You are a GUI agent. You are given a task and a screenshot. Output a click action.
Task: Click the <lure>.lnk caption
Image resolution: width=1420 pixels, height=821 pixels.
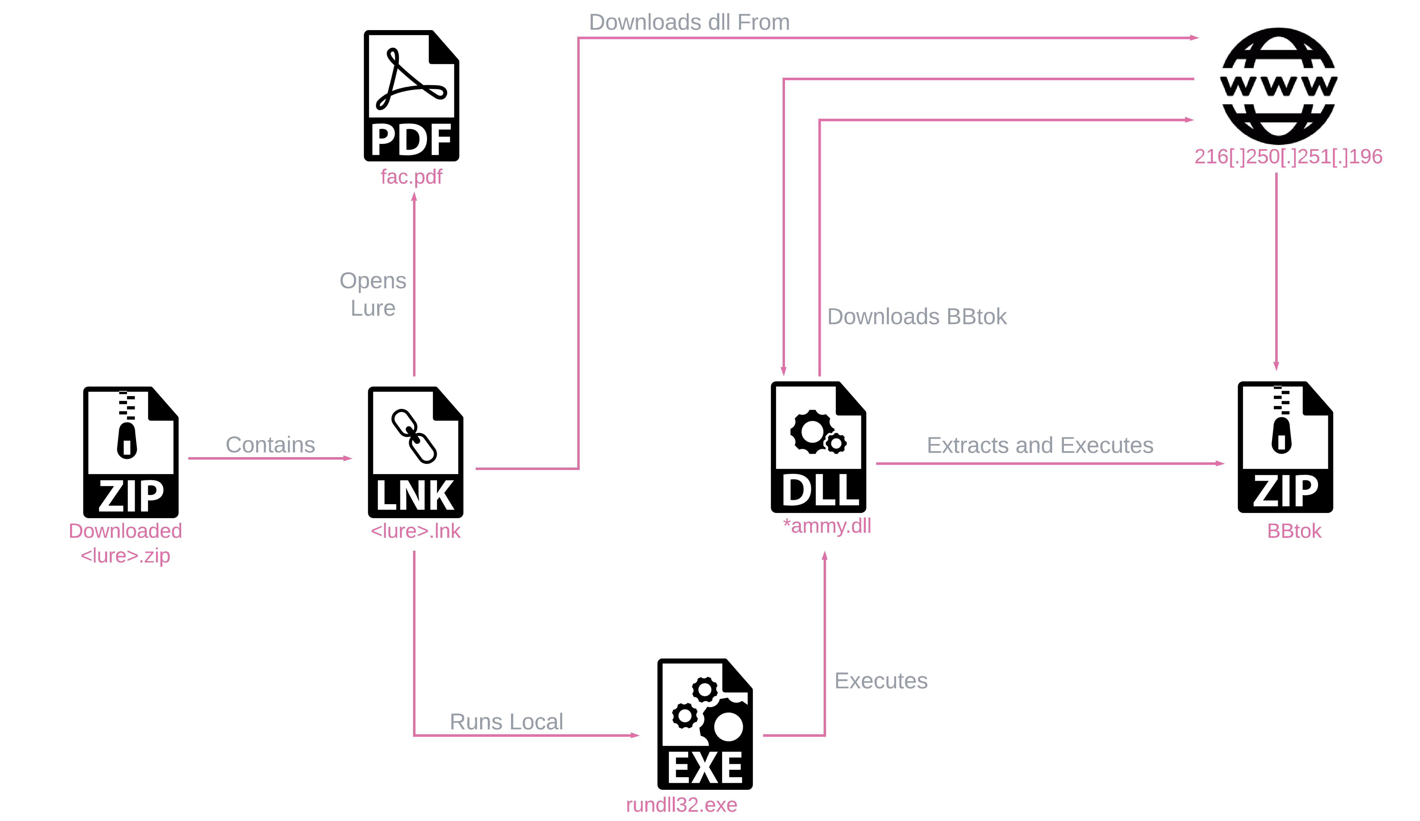[415, 531]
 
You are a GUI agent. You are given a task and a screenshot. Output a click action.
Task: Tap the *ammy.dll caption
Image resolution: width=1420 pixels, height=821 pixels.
[827, 526]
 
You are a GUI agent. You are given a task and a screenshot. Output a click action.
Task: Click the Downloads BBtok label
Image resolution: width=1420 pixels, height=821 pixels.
[916, 317]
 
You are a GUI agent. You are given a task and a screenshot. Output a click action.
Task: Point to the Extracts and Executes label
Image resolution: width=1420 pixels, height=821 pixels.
[1040, 445]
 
